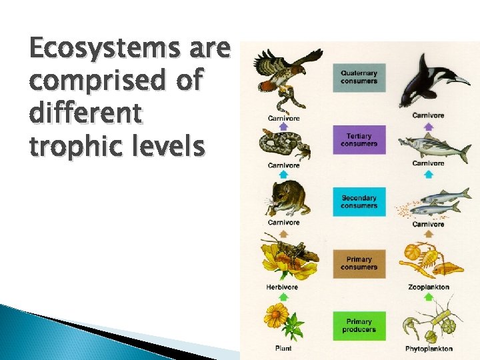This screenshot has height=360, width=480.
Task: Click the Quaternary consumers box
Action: [x=359, y=77]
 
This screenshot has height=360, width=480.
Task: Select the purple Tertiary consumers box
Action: [x=359, y=140]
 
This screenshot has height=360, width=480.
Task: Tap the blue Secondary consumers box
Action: [x=359, y=202]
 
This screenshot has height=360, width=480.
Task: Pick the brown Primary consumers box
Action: [x=359, y=263]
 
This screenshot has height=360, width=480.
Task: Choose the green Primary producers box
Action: [x=359, y=325]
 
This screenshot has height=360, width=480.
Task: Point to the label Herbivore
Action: [x=283, y=287]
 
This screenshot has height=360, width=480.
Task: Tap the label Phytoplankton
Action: [x=429, y=349]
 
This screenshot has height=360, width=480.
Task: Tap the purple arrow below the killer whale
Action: [x=428, y=125]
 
